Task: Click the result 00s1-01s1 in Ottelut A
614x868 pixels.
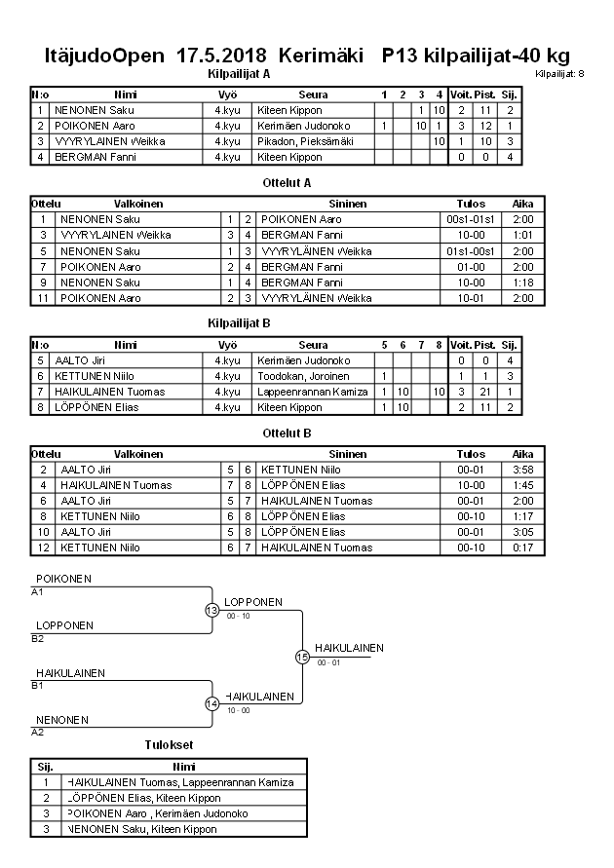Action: tap(471, 219)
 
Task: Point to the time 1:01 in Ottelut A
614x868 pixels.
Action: tap(523, 235)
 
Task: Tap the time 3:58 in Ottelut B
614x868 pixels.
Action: tap(523, 470)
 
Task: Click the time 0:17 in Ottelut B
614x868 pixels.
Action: tap(523, 547)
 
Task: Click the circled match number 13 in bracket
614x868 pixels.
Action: tap(212, 610)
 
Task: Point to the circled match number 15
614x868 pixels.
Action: tap(302, 657)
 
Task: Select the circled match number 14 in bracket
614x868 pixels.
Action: tap(212, 703)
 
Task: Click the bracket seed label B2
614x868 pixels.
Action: tap(38, 639)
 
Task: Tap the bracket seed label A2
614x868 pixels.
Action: tap(38, 732)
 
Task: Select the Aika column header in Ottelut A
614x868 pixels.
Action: tap(523, 204)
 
